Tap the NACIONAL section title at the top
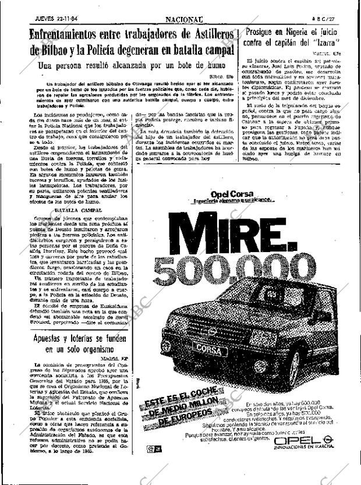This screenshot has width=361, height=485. [167, 5]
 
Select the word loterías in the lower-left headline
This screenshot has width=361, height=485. [90, 337]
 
